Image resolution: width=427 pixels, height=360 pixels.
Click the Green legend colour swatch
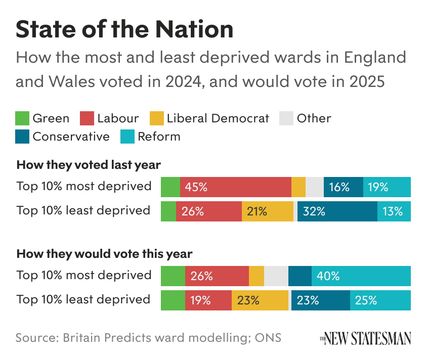[23, 119]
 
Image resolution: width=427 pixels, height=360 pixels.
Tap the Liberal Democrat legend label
[218, 118]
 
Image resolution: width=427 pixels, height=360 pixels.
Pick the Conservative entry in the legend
[71, 137]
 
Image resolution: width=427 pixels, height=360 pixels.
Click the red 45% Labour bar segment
[235, 187]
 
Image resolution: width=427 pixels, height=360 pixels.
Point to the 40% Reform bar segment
[361, 276]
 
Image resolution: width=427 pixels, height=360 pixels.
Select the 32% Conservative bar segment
[337, 211]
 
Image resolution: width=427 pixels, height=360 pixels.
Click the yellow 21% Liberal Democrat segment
[267, 211]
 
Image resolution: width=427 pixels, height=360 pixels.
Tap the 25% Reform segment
[380, 300]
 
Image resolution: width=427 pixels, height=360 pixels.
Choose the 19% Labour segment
[208, 300]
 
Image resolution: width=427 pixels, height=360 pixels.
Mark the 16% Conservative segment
[343, 187]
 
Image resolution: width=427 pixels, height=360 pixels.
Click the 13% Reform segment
[394, 211]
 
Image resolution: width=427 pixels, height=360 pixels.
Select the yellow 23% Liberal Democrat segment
[260, 300]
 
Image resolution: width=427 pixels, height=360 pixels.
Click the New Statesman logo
[365, 338]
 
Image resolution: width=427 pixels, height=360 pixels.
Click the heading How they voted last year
[89, 165]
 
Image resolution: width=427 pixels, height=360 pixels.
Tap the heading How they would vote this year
[105, 254]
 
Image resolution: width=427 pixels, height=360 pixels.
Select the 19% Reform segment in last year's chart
[387, 187]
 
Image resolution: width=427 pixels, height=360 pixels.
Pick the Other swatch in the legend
[287, 119]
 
